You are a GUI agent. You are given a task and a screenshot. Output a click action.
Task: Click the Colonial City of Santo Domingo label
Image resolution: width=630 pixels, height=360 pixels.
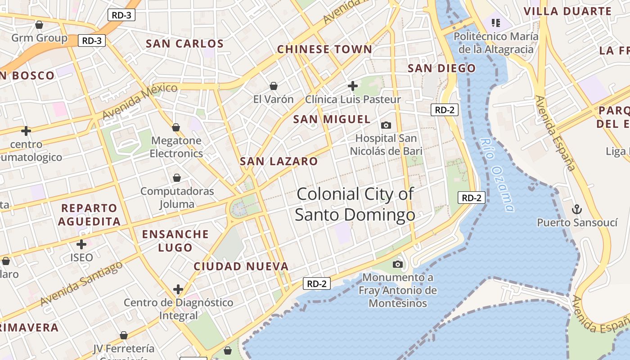pos(355,204)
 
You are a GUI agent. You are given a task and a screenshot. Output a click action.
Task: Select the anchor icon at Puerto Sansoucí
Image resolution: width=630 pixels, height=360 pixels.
pos(576,209)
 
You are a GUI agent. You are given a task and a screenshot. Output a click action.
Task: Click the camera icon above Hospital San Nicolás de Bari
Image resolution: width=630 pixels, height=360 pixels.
pos(386,125)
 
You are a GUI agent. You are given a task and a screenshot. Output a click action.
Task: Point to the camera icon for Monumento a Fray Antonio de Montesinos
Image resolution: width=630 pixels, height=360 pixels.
pos(398,264)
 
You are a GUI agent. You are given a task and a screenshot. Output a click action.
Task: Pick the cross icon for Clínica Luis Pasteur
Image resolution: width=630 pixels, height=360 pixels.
pos(353,85)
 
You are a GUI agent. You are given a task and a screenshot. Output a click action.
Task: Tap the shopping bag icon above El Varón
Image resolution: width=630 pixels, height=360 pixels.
pos(273,85)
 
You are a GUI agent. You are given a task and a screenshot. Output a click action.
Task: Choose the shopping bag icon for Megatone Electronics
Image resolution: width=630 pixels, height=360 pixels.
pos(176,127)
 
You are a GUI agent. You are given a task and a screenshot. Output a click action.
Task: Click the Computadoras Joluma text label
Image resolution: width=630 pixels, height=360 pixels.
pos(177,198)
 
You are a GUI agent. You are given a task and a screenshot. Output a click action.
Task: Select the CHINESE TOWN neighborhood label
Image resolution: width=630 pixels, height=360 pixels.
pos(324,49)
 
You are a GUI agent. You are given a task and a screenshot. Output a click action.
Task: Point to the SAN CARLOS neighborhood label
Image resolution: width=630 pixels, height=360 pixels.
pos(184,44)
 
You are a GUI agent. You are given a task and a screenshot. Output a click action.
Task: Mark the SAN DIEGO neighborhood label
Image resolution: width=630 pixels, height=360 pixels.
pos(441,68)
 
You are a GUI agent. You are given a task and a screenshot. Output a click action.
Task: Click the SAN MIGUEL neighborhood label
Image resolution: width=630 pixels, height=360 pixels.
pos(332,119)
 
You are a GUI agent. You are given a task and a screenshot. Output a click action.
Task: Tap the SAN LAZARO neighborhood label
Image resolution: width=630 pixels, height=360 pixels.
pos(279,161)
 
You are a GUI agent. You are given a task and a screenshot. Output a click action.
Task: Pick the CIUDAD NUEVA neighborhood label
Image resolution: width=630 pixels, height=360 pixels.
pos(241,266)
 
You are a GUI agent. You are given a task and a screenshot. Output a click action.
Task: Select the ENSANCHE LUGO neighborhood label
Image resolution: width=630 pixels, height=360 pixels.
pos(175,241)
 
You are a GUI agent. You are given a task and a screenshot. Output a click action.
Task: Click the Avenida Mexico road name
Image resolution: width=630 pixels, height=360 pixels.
pos(139,101)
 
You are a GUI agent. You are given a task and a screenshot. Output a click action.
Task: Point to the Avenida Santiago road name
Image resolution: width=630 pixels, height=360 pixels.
pos(81,283)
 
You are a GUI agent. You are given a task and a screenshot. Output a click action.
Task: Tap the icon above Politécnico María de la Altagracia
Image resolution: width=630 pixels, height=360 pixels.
pos(496,22)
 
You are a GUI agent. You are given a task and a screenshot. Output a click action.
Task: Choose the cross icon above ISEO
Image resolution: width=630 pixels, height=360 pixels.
pos(81,244)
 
